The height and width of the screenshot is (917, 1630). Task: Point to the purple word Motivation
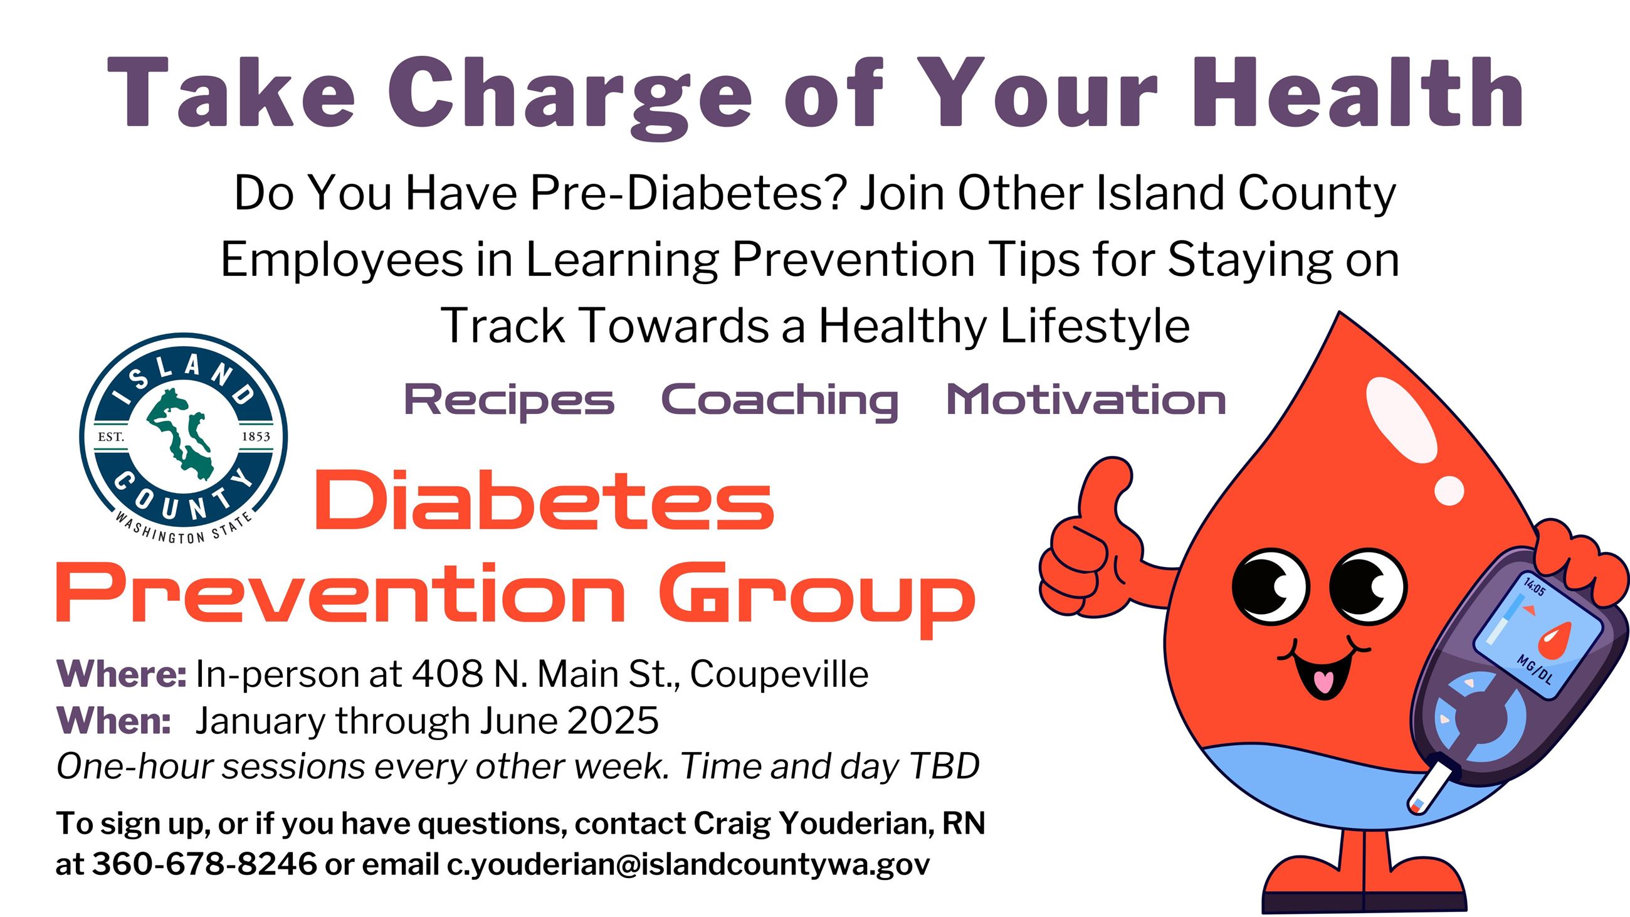click(1086, 400)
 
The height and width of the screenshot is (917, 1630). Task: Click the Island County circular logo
click(184, 437)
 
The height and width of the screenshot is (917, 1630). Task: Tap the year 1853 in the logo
click(256, 437)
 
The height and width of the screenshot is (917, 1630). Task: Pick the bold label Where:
click(122, 674)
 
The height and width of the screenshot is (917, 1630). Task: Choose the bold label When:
click(114, 720)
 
